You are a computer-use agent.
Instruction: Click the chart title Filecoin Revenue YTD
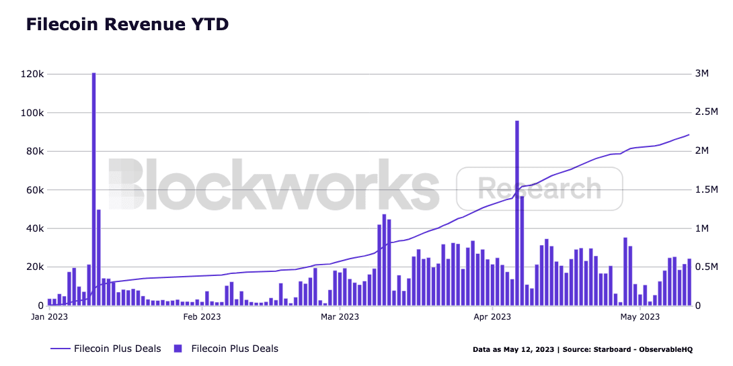tap(127, 25)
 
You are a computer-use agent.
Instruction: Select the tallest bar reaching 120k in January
tap(93, 188)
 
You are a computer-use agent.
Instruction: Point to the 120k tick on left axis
tap(32, 74)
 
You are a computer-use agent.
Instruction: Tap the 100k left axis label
tap(32, 113)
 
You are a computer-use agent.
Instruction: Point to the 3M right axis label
tap(701, 74)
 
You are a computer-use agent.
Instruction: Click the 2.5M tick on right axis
tap(706, 113)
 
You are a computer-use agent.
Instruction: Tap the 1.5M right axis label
tap(706, 190)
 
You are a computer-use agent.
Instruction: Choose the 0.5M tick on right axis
tap(706, 267)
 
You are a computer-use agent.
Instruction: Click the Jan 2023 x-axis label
tap(48, 316)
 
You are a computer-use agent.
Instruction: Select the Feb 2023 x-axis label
tap(201, 316)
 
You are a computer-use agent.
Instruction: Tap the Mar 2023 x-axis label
tap(340, 316)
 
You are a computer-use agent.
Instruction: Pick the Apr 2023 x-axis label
tap(492, 316)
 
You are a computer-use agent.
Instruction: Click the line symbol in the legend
tap(60, 349)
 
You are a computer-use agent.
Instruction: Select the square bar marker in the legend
tap(178, 349)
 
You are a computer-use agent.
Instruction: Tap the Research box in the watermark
tap(539, 189)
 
